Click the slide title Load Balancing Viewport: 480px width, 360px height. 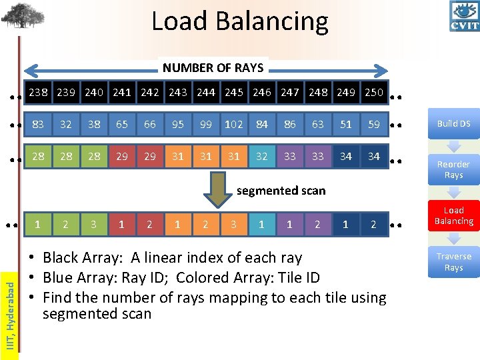[x=240, y=21]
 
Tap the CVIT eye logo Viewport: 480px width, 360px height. [x=464, y=16]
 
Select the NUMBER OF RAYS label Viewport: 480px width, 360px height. [x=213, y=68]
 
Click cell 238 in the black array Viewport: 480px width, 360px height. [x=38, y=93]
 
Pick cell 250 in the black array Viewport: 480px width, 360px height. [x=374, y=93]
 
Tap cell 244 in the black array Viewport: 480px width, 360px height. [x=206, y=93]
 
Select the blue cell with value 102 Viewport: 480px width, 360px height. [x=233, y=124]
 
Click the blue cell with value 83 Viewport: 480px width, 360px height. [x=38, y=124]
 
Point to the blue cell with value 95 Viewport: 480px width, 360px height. [x=178, y=124]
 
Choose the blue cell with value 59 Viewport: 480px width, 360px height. [x=374, y=124]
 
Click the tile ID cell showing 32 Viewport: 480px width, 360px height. [x=261, y=156]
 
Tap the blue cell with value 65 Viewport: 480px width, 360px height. [x=122, y=124]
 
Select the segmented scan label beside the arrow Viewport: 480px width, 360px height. [x=281, y=191]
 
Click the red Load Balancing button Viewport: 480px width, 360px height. [x=453, y=215]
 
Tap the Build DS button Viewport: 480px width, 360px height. [x=453, y=123]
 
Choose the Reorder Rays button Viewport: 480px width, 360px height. [x=453, y=169]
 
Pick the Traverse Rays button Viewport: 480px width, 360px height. [x=453, y=262]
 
